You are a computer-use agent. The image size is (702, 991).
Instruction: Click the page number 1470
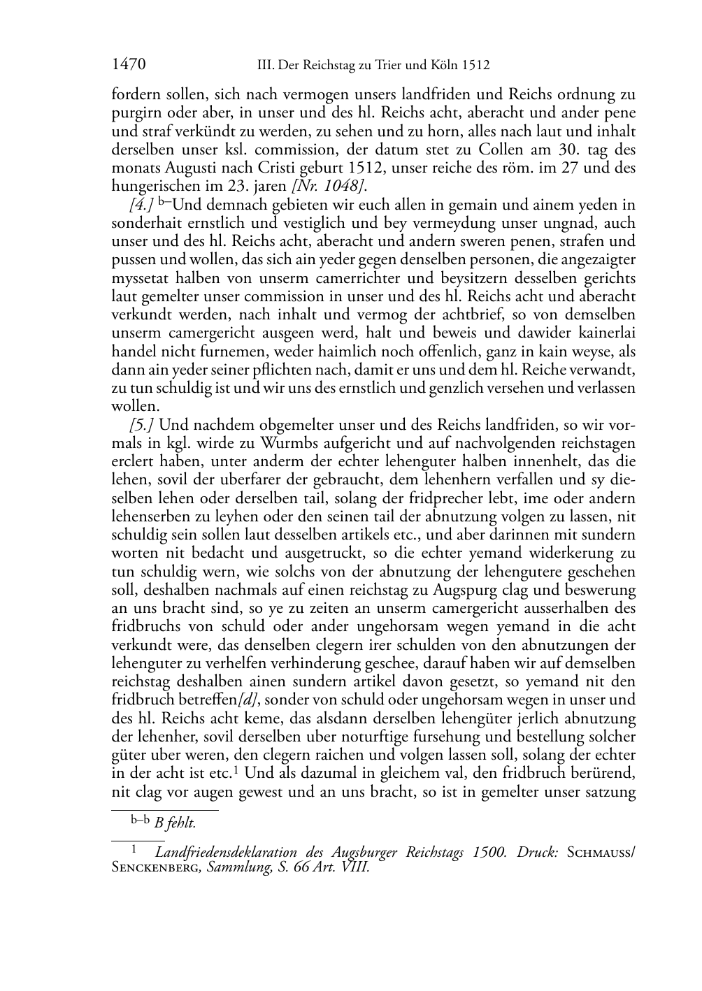click(129, 66)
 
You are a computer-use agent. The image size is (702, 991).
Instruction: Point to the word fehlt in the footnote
click(182, 824)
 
